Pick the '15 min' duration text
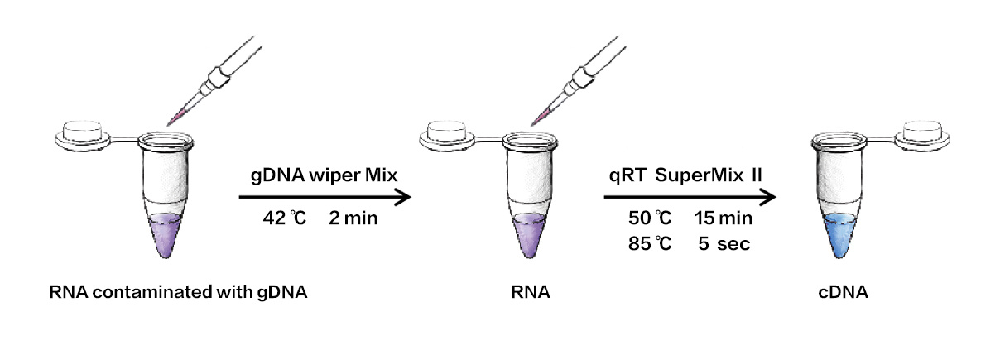[x=723, y=220]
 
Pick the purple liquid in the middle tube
[x=527, y=236]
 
